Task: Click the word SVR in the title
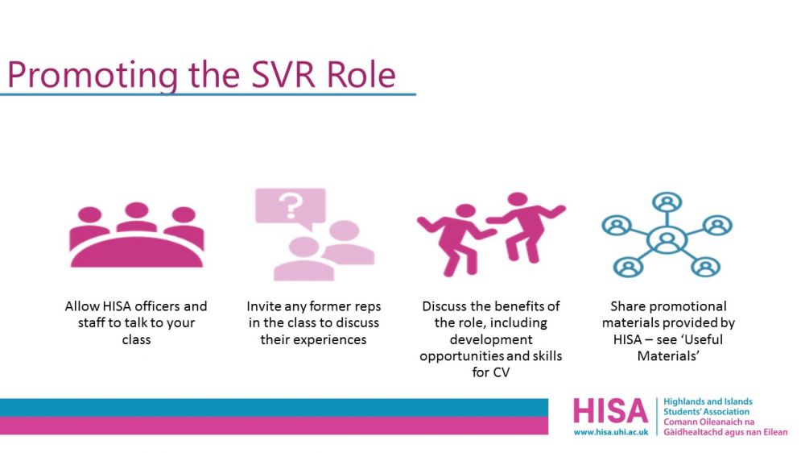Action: [283, 74]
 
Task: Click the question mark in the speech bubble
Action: [291, 206]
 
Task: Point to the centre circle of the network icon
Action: [667, 239]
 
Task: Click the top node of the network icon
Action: [667, 202]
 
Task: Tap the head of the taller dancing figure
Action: [518, 199]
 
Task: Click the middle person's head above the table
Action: [137, 210]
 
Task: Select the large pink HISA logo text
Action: [610, 411]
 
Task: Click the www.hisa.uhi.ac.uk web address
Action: [611, 432]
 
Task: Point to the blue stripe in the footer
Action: [275, 407]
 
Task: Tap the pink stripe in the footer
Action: [275, 426]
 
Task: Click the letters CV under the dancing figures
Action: [501, 372]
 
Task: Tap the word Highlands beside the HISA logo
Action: [683, 401]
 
